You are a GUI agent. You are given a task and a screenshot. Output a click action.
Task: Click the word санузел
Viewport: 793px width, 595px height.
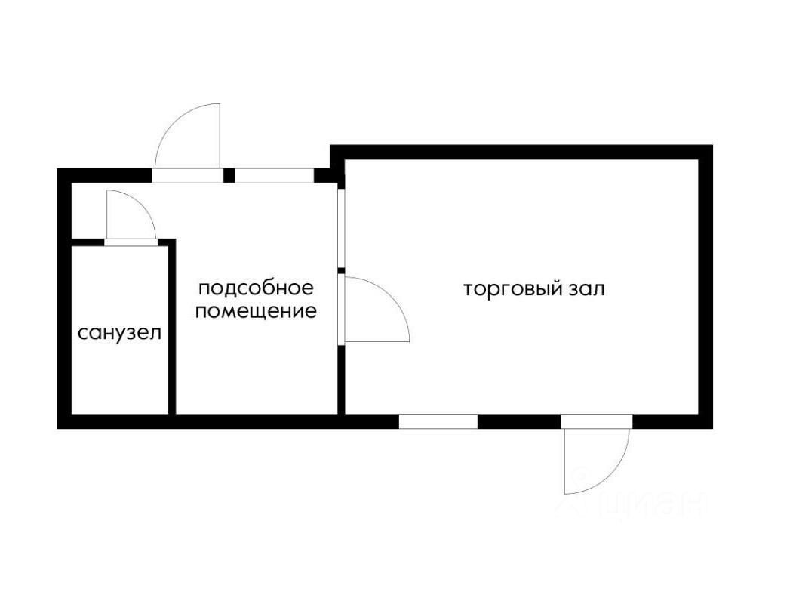click(x=120, y=332)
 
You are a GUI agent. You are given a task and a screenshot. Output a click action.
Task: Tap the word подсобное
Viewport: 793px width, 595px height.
click(x=255, y=288)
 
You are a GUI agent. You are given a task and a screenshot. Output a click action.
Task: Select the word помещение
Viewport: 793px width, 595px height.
click(x=256, y=310)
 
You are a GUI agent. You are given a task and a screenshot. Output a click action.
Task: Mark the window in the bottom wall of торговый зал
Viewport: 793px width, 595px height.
click(x=438, y=421)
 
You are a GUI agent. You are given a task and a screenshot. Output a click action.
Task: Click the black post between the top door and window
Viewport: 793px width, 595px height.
click(x=229, y=176)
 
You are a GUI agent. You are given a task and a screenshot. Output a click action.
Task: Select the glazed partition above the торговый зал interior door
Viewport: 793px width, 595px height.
click(x=341, y=228)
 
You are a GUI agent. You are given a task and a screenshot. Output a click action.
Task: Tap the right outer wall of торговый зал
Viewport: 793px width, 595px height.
click(x=705, y=287)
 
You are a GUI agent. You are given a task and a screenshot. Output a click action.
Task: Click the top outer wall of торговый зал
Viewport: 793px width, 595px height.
click(x=521, y=152)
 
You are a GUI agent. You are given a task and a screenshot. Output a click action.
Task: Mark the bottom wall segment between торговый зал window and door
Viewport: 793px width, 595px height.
click(x=519, y=421)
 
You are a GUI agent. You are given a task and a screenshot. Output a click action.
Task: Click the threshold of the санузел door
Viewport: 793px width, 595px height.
click(x=131, y=242)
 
